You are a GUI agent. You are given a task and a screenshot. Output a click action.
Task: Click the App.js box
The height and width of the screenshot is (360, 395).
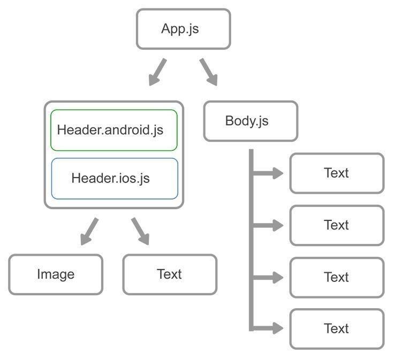coord(183,29)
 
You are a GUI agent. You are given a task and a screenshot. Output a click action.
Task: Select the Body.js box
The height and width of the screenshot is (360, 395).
coord(250,121)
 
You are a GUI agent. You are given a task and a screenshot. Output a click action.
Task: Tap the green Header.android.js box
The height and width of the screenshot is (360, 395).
coord(113,130)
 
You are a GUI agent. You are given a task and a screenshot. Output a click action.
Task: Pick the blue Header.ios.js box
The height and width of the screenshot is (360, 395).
coord(114,178)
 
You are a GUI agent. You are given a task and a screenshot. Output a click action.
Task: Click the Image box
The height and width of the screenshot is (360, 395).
coord(56,274)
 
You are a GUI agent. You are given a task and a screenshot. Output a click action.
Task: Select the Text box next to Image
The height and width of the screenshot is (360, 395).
coord(170,274)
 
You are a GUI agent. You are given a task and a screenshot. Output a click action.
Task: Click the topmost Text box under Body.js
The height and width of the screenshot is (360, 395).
coord(337,173)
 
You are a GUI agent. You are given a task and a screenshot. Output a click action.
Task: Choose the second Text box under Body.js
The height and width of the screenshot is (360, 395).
coord(337,225)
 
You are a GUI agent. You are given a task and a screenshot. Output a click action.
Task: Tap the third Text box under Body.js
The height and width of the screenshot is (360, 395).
coord(337,277)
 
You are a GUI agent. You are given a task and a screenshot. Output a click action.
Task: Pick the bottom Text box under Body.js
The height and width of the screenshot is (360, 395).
coord(337,328)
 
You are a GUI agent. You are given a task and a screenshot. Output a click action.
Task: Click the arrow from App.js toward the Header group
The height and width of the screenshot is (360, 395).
coord(157,72)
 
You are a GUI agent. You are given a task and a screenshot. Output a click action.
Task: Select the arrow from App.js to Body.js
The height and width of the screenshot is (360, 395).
coord(209,72)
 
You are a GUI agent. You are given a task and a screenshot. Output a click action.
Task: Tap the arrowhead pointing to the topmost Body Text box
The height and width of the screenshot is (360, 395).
coord(277,173)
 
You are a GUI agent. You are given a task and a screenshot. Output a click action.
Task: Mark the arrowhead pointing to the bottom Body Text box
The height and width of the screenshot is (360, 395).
coord(277,328)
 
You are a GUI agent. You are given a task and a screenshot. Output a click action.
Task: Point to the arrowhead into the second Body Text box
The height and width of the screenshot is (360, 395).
coord(277,225)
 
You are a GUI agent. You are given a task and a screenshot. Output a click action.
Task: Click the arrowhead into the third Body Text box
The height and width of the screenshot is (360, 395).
coord(277,277)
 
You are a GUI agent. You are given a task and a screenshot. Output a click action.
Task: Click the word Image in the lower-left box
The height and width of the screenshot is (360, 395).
coord(56,274)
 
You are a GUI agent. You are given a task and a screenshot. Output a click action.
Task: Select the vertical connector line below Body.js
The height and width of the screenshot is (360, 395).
coord(251,241)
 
